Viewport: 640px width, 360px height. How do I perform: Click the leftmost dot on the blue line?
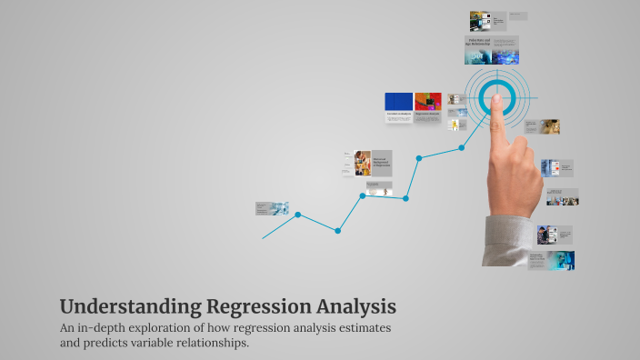[297, 215]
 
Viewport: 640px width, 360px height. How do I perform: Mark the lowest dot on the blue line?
[337, 231]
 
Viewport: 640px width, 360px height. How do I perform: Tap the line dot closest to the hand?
[461, 147]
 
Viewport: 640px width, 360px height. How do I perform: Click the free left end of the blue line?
[264, 238]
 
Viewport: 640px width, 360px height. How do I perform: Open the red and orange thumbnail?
[427, 101]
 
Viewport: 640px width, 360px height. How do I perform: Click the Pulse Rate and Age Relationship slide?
[492, 50]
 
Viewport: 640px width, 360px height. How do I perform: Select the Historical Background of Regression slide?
[382, 164]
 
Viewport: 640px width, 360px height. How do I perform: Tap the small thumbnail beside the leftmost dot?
[272, 208]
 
